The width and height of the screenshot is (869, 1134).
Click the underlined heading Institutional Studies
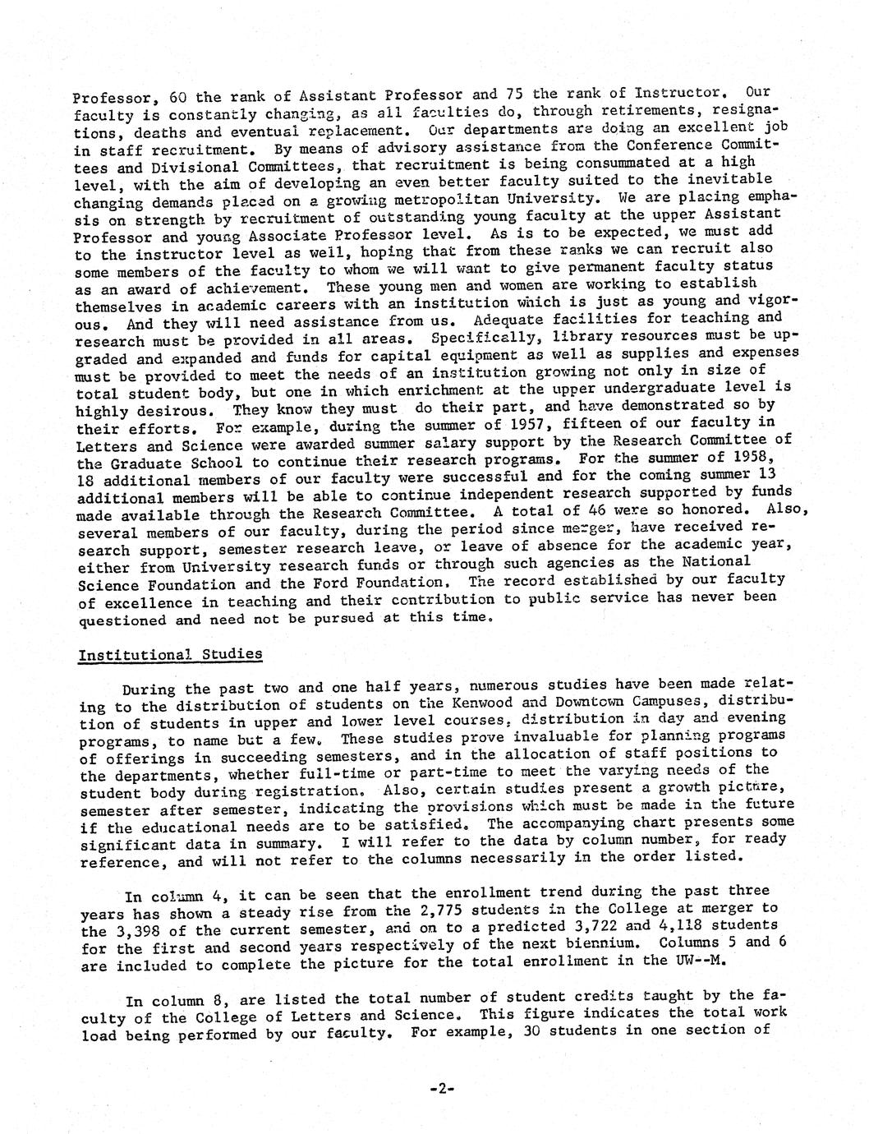click(x=170, y=655)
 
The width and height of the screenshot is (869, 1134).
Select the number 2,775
click(x=436, y=909)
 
